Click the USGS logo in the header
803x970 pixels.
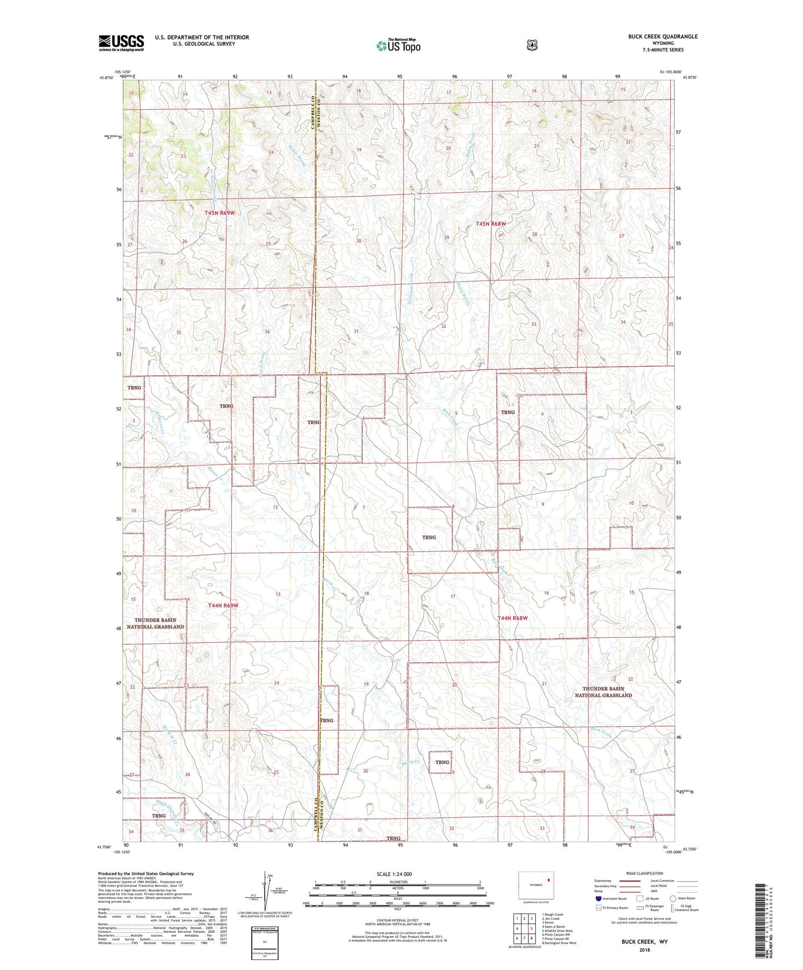(121, 43)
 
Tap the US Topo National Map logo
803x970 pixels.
(398, 46)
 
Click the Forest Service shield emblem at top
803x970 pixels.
(532, 45)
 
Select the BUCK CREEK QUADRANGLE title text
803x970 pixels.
(662, 37)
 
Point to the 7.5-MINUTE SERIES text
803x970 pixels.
(664, 50)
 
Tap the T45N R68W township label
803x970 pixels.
(491, 224)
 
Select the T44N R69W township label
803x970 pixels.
(223, 605)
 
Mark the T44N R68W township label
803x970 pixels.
(512, 618)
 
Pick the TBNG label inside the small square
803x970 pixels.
(442, 762)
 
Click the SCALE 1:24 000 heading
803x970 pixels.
(394, 874)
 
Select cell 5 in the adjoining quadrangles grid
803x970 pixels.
(531, 928)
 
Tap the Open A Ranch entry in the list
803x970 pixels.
(553, 927)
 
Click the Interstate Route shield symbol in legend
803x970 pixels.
(598, 898)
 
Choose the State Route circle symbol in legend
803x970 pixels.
(673, 898)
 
